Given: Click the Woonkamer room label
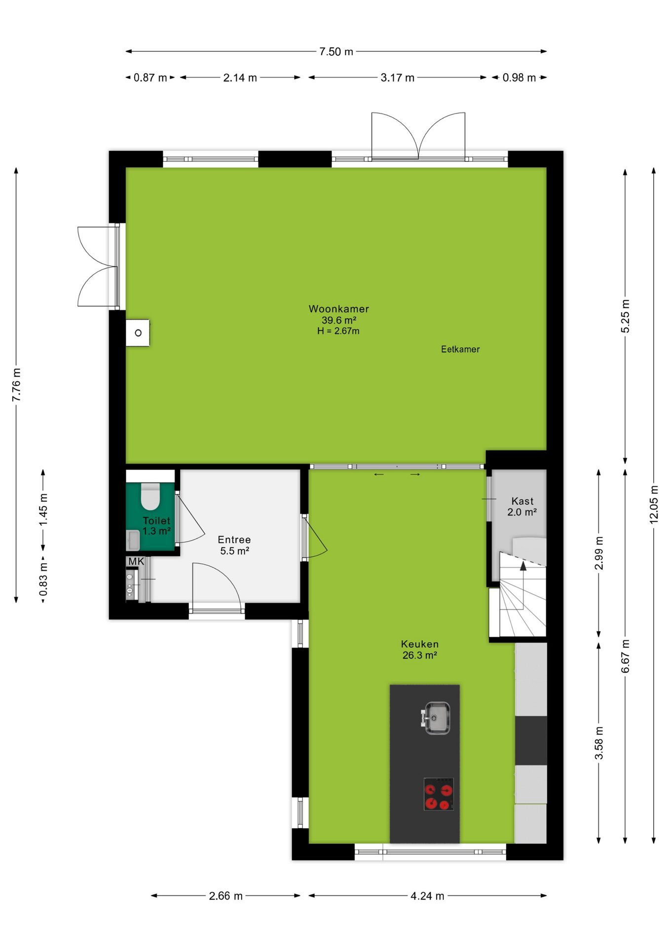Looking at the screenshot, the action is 338,309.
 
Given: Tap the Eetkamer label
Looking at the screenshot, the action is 460,349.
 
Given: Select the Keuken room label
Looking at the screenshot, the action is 419,644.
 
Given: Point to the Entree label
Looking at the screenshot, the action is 234,540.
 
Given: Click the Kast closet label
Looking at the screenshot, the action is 522,501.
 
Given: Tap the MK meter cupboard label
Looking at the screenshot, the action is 136,561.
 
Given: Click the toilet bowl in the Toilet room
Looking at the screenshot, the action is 150,496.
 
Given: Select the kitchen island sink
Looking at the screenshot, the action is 436,718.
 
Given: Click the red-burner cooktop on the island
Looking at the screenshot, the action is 439,794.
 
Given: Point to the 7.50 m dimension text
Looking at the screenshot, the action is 336,52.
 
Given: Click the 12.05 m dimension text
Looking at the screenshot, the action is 654,504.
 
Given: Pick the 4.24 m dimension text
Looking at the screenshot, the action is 427,896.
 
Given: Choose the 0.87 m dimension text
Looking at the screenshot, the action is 150,78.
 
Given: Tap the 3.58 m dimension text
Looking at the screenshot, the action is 599,743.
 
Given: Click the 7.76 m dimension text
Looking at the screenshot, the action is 16,385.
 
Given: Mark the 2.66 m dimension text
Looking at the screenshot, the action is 225,896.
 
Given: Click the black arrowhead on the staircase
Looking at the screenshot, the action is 523,566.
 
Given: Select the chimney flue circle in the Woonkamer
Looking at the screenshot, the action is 138,333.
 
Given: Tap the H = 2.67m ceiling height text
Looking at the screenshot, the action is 338,331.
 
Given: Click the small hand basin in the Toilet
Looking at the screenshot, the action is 133,540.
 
